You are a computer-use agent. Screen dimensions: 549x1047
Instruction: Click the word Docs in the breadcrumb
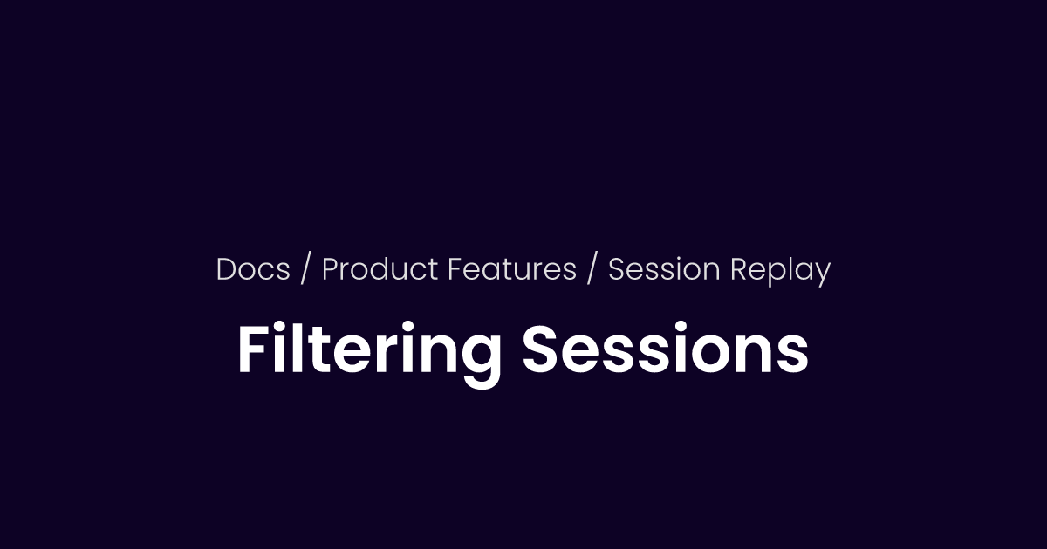point(253,270)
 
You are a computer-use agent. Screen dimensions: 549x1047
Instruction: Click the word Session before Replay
point(664,270)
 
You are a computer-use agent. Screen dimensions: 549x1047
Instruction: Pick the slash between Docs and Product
point(305,270)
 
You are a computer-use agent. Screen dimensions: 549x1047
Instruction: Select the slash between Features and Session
point(592,270)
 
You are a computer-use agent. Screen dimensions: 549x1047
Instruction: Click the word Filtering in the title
point(369,351)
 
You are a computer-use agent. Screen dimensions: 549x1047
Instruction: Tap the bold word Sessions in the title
point(665,351)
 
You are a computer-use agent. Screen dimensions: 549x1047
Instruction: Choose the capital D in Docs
point(227,270)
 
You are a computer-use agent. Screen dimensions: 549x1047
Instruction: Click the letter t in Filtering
point(319,352)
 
